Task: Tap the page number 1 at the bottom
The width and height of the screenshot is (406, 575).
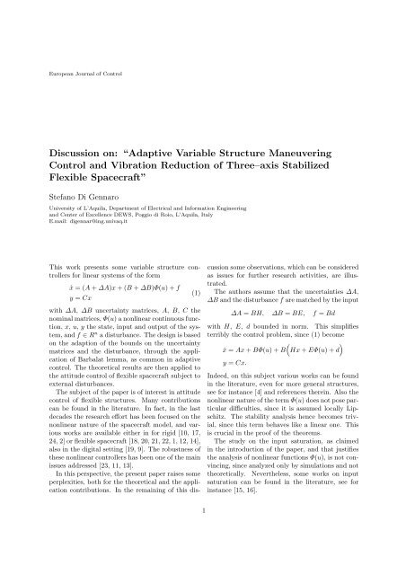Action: (203, 536)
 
